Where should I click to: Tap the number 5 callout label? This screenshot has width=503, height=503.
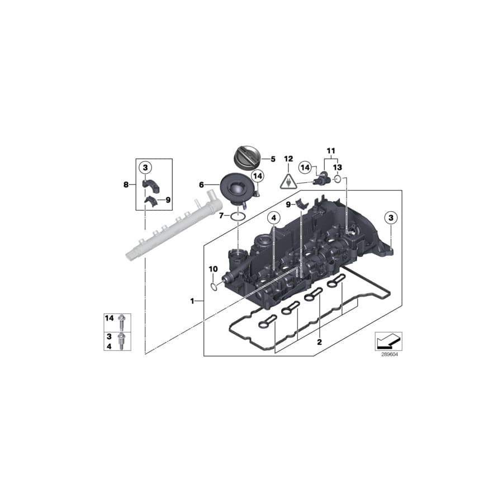(273, 159)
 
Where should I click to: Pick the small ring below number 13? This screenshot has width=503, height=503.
(338, 178)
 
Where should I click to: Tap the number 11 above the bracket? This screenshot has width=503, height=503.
(330, 151)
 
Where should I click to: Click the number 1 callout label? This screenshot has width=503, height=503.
(192, 301)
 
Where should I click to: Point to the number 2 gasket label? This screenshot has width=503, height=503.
(319, 341)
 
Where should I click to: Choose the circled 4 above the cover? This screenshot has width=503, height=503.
(273, 218)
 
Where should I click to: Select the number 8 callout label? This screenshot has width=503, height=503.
(126, 183)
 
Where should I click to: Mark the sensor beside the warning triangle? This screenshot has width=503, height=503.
(321, 177)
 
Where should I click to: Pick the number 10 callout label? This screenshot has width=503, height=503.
(212, 269)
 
